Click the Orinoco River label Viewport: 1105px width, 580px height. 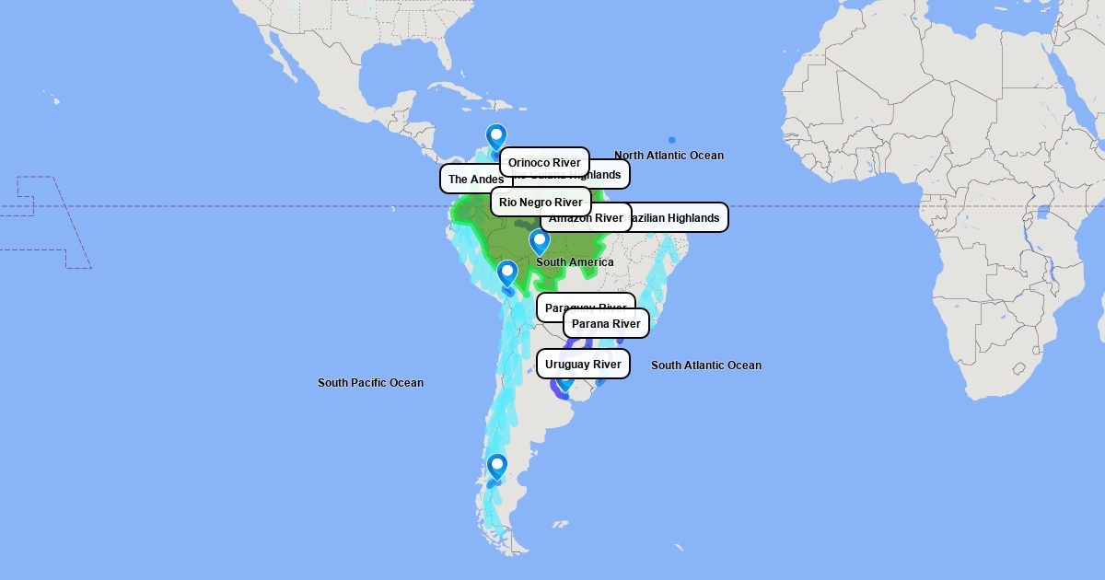pos(544,162)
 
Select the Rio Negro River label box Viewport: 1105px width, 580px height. pos(541,202)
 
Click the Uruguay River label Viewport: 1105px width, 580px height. pos(583,364)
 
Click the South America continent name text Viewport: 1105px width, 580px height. pos(575,262)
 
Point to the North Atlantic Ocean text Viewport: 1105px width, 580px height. pos(669,156)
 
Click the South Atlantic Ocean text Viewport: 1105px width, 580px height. pos(706,365)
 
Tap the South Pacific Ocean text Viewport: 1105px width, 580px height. pos(370,383)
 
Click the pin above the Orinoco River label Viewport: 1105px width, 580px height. pos(496,137)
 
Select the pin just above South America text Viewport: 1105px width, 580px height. pos(540,242)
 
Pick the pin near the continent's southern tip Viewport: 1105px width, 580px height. pos(497,468)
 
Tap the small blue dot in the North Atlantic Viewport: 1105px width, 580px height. pos(672,139)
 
